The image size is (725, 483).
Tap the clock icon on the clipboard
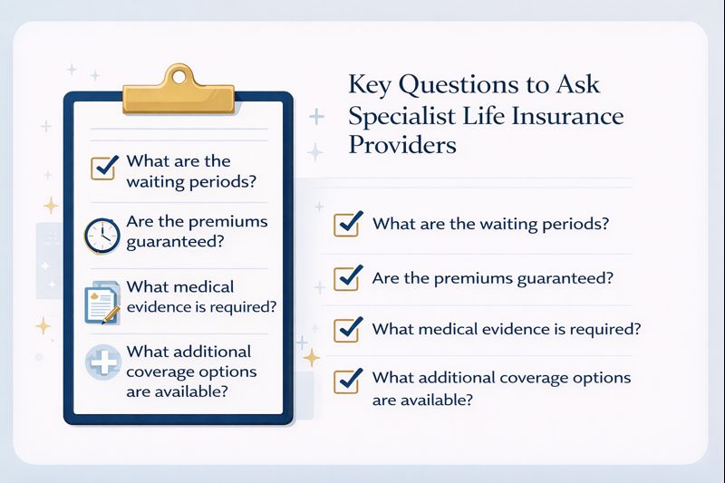pos(101,236)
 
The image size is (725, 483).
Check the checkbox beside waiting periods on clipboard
pos(103,168)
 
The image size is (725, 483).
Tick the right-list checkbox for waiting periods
pos(348,224)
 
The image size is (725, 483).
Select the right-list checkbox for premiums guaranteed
pos(348,277)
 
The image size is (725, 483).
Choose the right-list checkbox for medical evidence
pos(348,329)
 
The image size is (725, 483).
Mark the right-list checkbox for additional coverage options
pos(348,381)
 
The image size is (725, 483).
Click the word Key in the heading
pos(371,87)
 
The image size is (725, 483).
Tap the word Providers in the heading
pos(402,146)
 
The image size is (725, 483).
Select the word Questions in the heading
pos(457,87)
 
